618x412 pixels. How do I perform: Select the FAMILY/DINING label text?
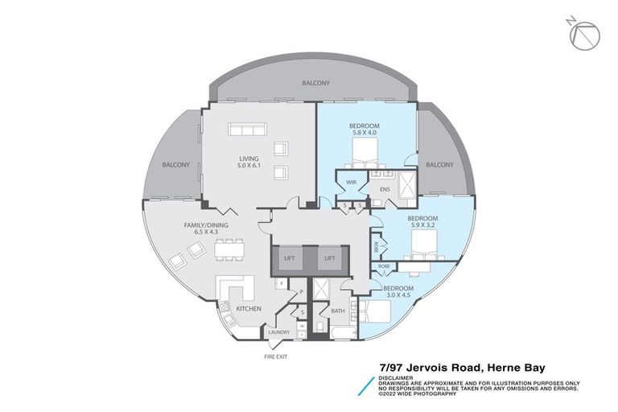[x=185, y=225]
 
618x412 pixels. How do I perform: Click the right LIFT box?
[x=328, y=258]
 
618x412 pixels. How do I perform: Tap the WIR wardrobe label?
[x=351, y=183]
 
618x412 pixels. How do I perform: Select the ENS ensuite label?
[x=385, y=190]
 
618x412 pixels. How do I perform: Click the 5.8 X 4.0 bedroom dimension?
[x=364, y=133]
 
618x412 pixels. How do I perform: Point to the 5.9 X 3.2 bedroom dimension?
[x=422, y=225]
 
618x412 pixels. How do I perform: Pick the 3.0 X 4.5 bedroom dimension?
[x=398, y=295]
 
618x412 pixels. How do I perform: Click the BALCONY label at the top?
[x=315, y=83]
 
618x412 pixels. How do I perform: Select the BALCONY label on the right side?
[x=439, y=164]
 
